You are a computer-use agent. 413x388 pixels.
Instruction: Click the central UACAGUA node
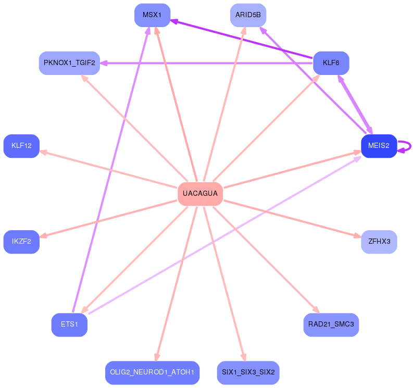(200, 194)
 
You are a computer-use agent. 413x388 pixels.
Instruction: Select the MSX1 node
(152, 15)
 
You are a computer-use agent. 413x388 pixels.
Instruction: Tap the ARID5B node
(248, 15)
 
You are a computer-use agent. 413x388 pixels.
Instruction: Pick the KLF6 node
(331, 63)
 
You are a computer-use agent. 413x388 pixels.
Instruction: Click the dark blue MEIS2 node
(379, 146)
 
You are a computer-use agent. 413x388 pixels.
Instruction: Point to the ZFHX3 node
(379, 242)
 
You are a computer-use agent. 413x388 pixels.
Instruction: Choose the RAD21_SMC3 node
(331, 324)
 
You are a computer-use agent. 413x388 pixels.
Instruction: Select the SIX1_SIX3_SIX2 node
(248, 372)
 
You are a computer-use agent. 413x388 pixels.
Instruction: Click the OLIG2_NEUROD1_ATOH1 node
(152, 372)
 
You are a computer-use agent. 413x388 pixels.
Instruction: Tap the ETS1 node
(69, 324)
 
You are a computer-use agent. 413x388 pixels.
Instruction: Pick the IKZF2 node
(21, 242)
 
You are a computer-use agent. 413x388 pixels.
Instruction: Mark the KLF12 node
(21, 146)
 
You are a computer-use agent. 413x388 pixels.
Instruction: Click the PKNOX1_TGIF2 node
(69, 63)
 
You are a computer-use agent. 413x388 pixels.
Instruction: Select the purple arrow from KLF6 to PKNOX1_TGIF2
(208, 63)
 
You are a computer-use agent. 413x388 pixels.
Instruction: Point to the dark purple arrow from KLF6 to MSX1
(242, 39)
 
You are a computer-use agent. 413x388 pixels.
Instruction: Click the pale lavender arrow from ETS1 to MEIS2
(224, 235)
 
